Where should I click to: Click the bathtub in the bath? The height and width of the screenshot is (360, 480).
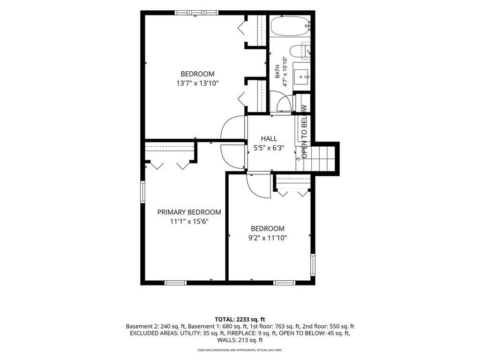(290, 26)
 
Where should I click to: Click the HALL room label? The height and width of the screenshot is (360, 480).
(269, 139)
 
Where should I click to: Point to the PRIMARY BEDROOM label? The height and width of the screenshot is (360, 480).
(189, 212)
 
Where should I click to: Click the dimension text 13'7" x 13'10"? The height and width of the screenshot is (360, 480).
(197, 83)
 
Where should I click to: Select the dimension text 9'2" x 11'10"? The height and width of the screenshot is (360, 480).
(268, 238)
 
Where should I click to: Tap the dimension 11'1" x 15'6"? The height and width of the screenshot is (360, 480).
(189, 221)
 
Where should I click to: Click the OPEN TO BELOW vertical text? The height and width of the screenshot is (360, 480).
(304, 132)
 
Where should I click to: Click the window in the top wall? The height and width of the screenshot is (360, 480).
(196, 13)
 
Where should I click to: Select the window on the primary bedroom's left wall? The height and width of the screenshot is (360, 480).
(142, 192)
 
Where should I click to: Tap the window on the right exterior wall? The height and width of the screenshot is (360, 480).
(313, 265)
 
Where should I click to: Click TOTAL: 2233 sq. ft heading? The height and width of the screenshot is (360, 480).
(240, 320)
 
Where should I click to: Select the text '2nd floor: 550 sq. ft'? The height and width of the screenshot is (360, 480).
(328, 326)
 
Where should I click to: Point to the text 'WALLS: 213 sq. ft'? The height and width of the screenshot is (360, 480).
(240, 340)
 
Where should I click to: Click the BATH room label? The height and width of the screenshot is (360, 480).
(277, 71)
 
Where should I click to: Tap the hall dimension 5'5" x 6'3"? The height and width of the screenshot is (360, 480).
(269, 148)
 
